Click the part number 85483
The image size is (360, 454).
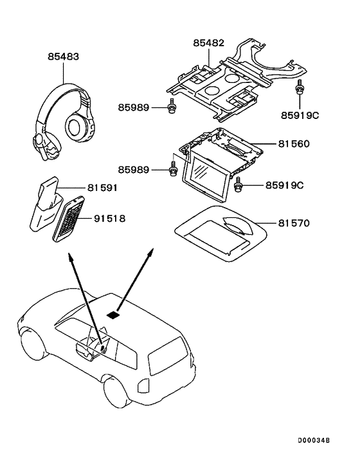click(63, 57)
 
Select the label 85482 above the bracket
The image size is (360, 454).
click(209, 43)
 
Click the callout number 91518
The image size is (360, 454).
click(108, 219)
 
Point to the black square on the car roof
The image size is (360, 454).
click(113, 315)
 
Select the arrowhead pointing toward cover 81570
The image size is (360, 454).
click(152, 250)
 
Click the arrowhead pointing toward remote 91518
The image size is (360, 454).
click(69, 258)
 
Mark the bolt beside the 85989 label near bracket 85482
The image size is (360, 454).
click(172, 109)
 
